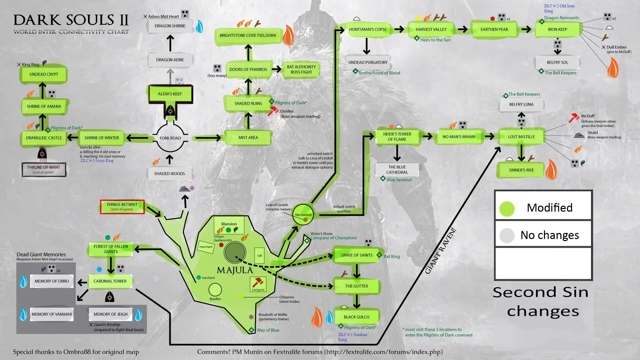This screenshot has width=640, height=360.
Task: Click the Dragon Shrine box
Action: [170, 26]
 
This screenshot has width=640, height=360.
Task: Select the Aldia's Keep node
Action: [170, 94]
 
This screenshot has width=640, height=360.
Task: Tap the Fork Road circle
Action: [170, 138]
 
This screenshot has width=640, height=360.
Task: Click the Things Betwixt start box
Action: [122, 207]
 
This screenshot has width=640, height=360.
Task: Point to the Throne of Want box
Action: [44, 169]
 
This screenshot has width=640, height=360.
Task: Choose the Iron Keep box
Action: [557, 29]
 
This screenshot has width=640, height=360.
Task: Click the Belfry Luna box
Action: [521, 104]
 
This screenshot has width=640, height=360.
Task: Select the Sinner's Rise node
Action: [521, 170]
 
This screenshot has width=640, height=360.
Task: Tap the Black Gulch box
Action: [356, 317]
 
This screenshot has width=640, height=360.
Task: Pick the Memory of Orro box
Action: [52, 281]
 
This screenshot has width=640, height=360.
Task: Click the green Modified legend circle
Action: [507, 208]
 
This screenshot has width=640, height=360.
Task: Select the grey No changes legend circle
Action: [507, 235]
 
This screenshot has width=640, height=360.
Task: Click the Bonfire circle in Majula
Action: [215, 290]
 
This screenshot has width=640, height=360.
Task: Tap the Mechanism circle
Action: [303, 214]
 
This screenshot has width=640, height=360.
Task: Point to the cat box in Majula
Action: [259, 255]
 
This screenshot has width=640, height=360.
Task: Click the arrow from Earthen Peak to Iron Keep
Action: [526, 29]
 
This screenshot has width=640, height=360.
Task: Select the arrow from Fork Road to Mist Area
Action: [208, 138]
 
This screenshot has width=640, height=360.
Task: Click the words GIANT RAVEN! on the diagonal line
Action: [441, 251]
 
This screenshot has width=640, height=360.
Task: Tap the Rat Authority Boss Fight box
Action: [301, 69]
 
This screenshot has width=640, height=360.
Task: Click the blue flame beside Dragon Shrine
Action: [199, 27]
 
